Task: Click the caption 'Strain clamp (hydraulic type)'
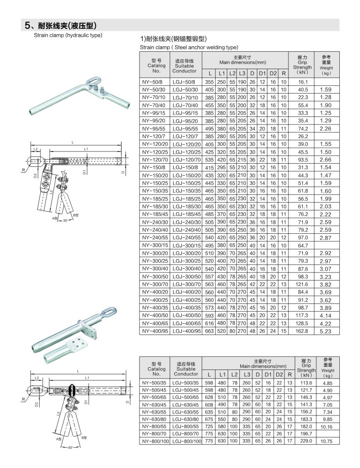coord(68,35)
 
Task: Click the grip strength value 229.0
coord(306,441)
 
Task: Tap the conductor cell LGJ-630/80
coord(186,419)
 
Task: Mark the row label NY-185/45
coord(153,214)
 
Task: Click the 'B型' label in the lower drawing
coord(84,437)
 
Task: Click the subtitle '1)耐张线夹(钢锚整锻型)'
coord(174,39)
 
